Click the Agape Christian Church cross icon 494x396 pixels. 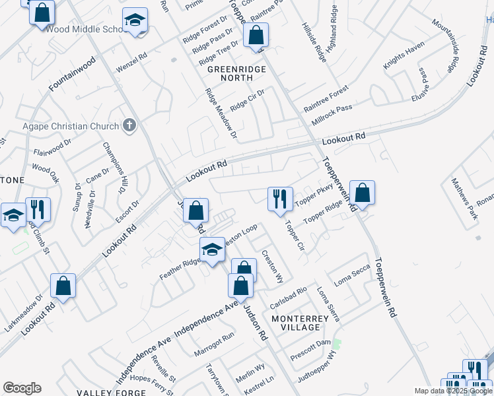coord(130,125)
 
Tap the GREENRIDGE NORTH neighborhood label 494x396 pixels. coord(237,74)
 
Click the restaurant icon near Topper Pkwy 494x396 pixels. coord(279,198)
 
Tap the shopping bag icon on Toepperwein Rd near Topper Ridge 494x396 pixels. coord(362,192)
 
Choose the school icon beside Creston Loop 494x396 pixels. coord(212,249)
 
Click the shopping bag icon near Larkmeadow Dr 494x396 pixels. coord(63,285)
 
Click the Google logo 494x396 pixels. coord(22,388)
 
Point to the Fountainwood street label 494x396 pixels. coord(72,73)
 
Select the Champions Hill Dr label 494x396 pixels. coord(112,168)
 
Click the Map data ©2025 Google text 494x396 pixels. coord(453,391)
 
